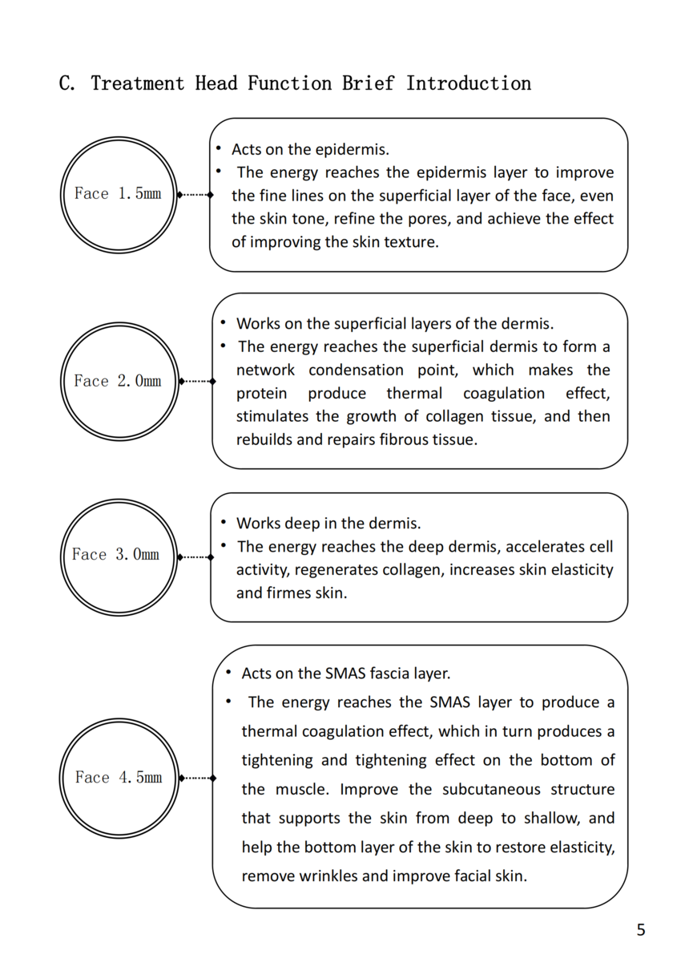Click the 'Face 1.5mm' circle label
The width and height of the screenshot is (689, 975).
point(118,194)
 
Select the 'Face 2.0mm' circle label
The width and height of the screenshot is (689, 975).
point(118,382)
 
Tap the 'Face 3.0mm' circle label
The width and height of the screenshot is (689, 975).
point(116,555)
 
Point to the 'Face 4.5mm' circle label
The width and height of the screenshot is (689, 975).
point(119,778)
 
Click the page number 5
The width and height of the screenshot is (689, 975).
point(640,930)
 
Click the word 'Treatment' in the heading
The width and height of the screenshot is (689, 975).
point(137,83)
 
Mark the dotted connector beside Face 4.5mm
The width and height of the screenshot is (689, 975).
point(196,778)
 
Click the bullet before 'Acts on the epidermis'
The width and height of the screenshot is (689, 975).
point(218,149)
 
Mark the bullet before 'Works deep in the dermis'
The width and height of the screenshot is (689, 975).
point(223,524)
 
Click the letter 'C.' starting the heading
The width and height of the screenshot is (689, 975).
point(67,83)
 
